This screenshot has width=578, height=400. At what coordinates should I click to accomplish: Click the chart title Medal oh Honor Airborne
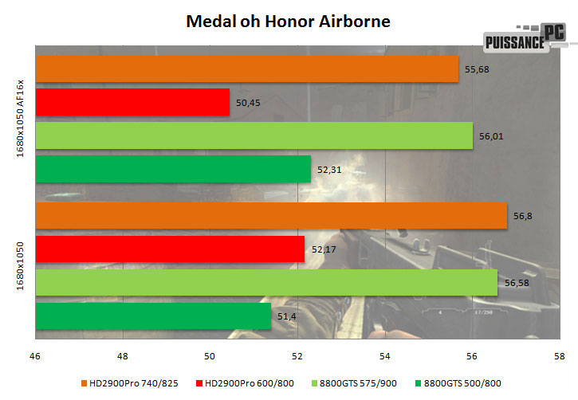coord(289,19)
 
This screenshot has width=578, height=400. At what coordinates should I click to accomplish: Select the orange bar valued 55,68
coord(247,69)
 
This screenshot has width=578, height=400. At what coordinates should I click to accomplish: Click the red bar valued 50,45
coord(132,102)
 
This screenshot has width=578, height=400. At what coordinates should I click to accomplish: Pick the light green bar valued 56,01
coord(254,135)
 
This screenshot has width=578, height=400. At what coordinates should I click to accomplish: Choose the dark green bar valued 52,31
coord(173,169)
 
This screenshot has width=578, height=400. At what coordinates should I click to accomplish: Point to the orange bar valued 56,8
coord(271,216)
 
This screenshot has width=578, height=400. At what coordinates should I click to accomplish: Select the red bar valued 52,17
coord(170,249)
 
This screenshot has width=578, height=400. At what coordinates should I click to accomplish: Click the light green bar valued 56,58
coord(266,283)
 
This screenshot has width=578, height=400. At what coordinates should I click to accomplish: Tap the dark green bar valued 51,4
coord(153,316)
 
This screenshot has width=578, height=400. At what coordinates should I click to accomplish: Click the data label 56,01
coord(490,136)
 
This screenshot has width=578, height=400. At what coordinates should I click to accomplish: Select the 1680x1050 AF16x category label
coord(23,119)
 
